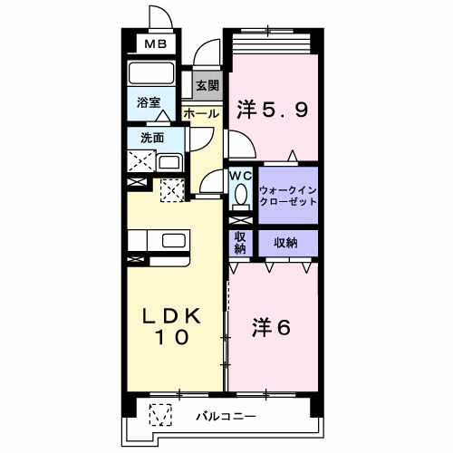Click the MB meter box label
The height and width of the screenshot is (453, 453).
point(156,44)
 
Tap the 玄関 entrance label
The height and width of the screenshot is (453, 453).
point(207,86)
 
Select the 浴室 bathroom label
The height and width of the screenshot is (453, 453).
point(149,102)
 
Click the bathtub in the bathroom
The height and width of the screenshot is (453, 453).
point(151,73)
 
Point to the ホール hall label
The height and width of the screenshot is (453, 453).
point(201,114)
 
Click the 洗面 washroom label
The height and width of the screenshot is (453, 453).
point(152,138)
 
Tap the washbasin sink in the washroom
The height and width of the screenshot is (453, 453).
point(170,163)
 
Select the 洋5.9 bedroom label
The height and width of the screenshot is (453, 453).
point(273,110)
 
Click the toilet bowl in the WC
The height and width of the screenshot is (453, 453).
point(241,194)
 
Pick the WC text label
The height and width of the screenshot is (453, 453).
point(241,176)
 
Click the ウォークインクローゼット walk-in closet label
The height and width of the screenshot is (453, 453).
point(288,196)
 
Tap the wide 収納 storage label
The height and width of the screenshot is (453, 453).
point(285,243)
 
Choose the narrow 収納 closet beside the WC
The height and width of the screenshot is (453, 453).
point(240,243)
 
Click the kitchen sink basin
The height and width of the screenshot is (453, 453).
point(174,241)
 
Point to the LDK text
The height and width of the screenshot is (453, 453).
point(171,316)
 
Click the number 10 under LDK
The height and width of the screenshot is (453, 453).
point(172,337)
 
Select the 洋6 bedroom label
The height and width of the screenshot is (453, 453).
point(271,328)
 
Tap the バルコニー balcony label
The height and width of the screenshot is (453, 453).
point(226,417)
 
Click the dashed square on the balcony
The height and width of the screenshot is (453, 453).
point(160,415)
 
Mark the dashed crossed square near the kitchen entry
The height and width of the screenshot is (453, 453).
point(172,190)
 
